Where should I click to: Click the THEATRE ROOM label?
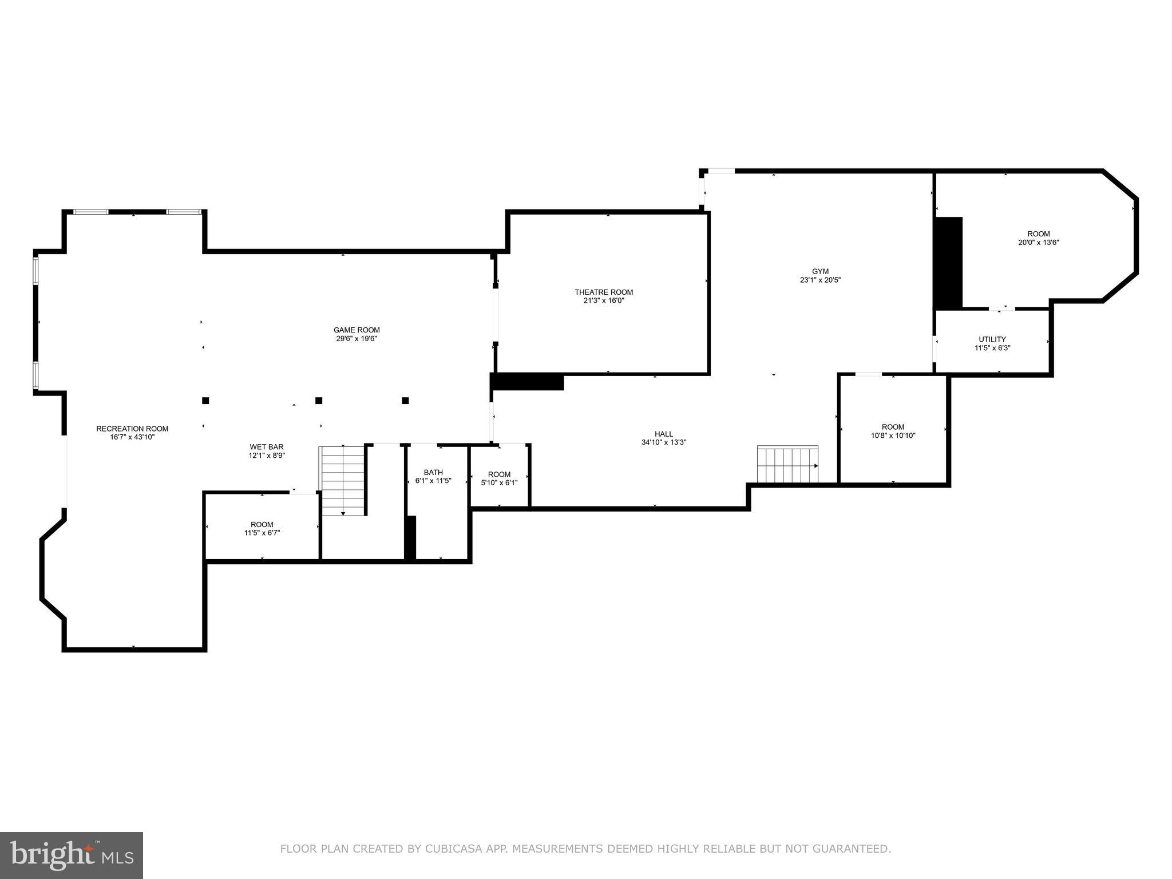(604, 292)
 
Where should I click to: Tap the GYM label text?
(820, 271)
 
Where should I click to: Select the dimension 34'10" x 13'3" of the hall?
(663, 442)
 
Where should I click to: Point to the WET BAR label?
(266, 447)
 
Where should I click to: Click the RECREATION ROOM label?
(132, 429)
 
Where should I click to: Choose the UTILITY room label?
(992, 339)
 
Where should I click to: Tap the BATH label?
(433, 472)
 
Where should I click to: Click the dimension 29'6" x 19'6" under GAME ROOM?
(357, 339)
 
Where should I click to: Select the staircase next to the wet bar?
(342, 481)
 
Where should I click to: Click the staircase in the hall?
(787, 464)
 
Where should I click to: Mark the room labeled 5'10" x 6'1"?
(499, 478)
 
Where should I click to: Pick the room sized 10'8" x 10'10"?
(893, 431)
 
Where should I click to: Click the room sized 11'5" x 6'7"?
(262, 529)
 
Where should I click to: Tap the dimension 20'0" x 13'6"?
(1038, 242)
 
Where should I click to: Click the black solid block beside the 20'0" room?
(948, 263)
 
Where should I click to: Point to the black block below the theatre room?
(528, 382)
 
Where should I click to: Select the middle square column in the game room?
(319, 401)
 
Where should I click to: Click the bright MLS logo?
(72, 856)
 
